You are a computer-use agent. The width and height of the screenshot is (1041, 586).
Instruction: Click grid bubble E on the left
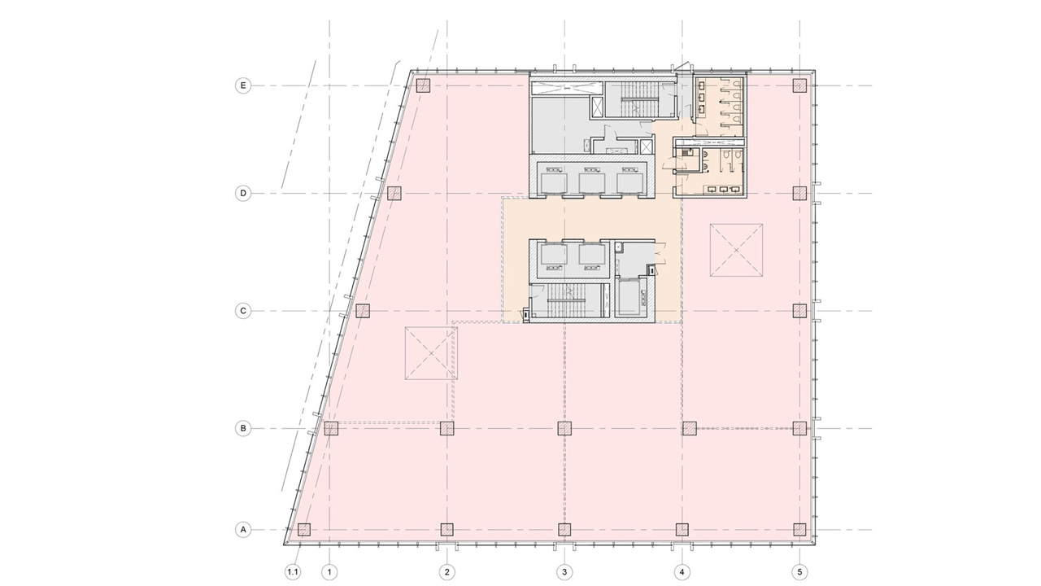coord(242,85)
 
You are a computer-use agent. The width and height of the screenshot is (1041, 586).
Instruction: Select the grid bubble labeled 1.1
coord(293,571)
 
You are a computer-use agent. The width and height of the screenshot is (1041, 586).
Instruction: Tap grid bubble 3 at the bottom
coord(564,571)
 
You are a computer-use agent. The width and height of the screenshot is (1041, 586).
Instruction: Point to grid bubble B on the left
coord(242,428)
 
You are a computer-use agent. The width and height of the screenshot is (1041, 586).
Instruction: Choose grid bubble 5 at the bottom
coord(799,571)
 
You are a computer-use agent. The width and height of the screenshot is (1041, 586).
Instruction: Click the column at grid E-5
coord(799,85)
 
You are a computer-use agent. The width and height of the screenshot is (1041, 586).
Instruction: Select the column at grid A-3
coord(564,529)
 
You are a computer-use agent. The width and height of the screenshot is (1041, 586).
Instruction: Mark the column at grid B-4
coord(689,428)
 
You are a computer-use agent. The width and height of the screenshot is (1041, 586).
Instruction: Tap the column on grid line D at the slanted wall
coord(394,193)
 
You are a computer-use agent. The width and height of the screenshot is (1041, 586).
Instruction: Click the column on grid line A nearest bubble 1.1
coord(304,529)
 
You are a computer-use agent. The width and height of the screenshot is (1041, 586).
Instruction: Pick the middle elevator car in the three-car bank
coord(591,183)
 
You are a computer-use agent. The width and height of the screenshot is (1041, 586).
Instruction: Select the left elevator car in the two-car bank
coord(554,254)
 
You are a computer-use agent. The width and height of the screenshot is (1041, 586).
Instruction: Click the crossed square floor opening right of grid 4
coord(736,250)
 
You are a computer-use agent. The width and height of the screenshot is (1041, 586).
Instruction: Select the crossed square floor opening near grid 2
coord(431,353)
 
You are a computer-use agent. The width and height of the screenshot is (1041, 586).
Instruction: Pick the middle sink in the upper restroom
coord(703,97)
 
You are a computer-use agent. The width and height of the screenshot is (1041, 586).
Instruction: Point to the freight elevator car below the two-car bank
coord(630,298)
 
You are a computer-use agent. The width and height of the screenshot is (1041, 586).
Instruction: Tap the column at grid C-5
coord(799,311)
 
